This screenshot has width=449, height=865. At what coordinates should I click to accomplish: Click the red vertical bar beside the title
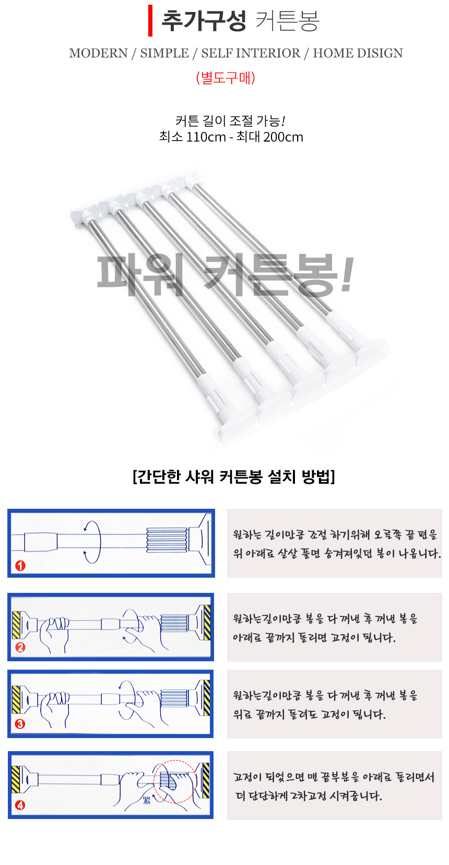(150, 21)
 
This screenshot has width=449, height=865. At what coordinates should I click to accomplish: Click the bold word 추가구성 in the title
(204, 21)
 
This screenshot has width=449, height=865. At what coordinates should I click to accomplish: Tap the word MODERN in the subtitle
(98, 53)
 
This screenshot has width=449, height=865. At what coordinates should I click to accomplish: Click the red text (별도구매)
(226, 78)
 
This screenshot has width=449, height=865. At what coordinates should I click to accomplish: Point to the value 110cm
(206, 137)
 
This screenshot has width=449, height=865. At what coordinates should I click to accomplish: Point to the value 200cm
(283, 137)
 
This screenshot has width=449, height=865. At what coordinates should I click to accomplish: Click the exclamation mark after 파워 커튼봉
(347, 275)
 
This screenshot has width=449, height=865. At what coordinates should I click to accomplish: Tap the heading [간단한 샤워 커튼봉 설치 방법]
(233, 476)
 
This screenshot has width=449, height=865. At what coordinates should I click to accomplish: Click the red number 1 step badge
(20, 566)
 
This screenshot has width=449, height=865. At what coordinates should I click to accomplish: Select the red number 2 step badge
(20, 647)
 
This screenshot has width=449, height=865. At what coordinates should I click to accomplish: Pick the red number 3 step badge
(20, 724)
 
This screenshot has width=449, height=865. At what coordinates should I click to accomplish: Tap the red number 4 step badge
(20, 805)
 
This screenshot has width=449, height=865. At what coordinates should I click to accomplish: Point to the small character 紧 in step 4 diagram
(147, 801)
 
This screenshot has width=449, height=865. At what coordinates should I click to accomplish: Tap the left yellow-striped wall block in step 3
(16, 699)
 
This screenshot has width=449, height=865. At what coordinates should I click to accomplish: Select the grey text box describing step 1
(334, 543)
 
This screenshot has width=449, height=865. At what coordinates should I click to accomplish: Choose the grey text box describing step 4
(334, 786)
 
